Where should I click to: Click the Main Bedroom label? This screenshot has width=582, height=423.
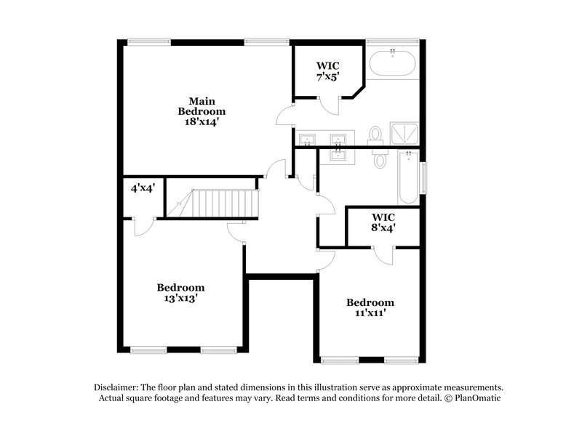[202, 106]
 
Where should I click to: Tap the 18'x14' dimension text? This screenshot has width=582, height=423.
[202, 122]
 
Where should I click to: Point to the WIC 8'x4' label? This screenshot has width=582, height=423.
[383, 222]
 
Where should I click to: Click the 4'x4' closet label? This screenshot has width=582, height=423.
[143, 188]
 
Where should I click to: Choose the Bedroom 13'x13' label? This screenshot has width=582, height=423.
[181, 292]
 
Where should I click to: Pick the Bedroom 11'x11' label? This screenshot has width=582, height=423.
[370, 307]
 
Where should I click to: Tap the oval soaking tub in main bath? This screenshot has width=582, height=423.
[393, 64]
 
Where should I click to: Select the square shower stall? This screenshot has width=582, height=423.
[405, 134]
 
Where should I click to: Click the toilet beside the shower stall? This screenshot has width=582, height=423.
[376, 135]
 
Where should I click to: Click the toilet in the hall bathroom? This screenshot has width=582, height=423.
[380, 158]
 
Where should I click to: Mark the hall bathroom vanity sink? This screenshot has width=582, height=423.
[339, 153]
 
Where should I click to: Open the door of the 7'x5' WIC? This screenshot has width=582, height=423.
[332, 106]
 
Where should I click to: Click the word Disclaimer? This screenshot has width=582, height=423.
[119, 387]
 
